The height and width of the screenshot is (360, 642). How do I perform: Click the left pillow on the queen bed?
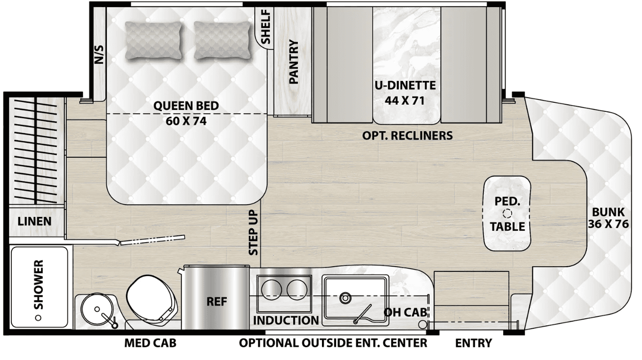click(x=153, y=41)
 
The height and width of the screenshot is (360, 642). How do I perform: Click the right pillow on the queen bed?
click(x=223, y=41)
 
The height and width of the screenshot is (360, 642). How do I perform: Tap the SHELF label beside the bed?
click(x=266, y=27)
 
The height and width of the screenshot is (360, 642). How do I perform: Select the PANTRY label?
click(x=294, y=62)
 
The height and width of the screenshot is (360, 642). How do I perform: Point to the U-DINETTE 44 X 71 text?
click(x=405, y=93)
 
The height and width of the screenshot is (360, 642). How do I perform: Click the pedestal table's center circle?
click(x=507, y=214)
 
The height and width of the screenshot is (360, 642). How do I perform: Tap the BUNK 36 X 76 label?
click(x=608, y=218)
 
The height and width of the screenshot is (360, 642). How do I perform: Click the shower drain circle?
click(x=38, y=318)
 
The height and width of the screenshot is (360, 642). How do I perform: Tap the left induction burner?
click(x=271, y=288)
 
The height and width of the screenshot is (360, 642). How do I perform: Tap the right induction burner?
click(x=297, y=288)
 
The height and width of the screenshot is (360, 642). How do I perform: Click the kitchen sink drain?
click(x=345, y=298)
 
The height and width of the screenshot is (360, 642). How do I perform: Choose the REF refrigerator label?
click(x=217, y=301)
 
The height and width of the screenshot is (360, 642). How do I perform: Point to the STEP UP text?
click(x=253, y=233)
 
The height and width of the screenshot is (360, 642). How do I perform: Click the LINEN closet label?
click(x=35, y=222)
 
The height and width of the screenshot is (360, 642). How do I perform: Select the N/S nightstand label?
click(x=99, y=54)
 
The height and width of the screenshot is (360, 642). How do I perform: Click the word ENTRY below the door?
click(x=473, y=343)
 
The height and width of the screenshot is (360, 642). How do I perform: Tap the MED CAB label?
click(x=150, y=343)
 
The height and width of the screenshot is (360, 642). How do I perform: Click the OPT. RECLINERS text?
click(x=407, y=135)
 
